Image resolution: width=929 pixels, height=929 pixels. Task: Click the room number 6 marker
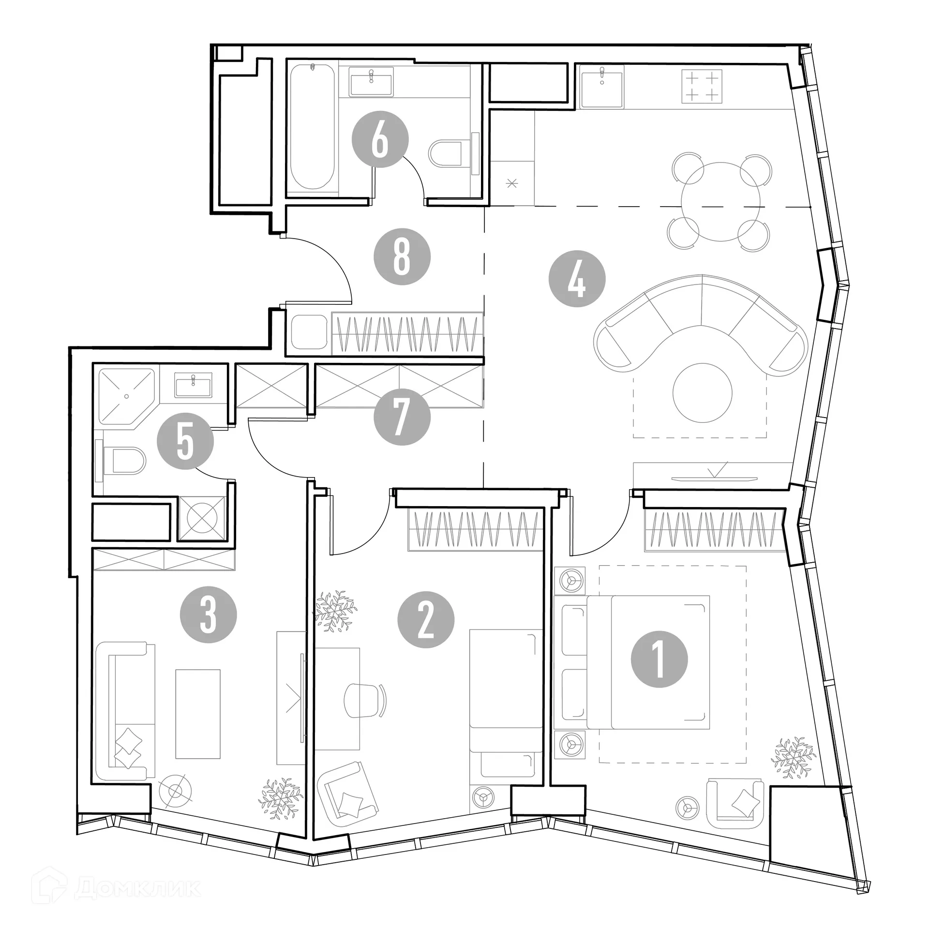coord(380,140)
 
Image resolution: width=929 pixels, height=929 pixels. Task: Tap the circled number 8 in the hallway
coord(402,256)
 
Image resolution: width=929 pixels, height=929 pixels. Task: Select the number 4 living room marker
coord(577,279)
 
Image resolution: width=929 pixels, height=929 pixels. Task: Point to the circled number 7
coord(402,417)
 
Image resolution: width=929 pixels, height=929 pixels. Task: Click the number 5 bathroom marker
coord(185,441)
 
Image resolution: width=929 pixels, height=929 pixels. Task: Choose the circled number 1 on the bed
coord(659,659)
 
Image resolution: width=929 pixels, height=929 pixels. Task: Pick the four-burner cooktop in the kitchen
coord(702,86)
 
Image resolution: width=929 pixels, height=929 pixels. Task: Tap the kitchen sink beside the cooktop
coord(602,86)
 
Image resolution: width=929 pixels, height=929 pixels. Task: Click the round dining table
coord(720,201)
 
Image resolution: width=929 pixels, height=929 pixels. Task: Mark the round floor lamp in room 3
coord(175,791)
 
